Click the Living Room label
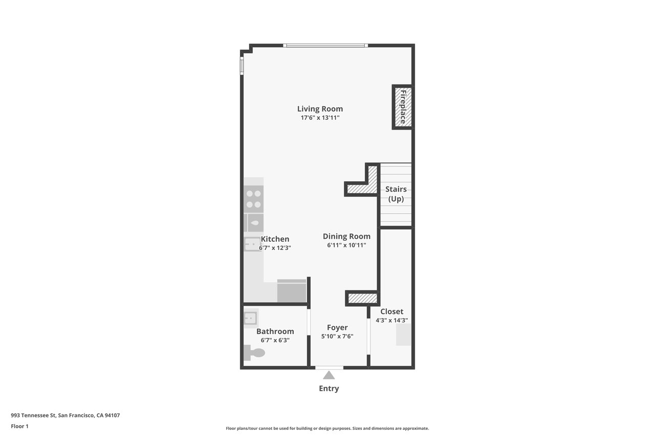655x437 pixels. pyautogui.click(x=320, y=109)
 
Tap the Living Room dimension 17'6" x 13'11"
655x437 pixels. pyautogui.click(x=320, y=118)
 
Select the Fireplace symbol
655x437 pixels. pyautogui.click(x=403, y=107)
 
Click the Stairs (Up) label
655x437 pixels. pyautogui.click(x=396, y=194)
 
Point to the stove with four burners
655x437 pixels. pyautogui.click(x=254, y=199)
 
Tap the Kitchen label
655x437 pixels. pyautogui.click(x=275, y=239)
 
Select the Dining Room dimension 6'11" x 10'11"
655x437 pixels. pyautogui.click(x=346, y=245)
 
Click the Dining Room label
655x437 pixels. pyautogui.click(x=346, y=236)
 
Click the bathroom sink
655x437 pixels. pyautogui.click(x=251, y=318)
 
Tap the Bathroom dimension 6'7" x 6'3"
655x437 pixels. pyautogui.click(x=275, y=340)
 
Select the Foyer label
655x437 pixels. pyautogui.click(x=337, y=327)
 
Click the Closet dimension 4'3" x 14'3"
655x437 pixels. pyautogui.click(x=391, y=320)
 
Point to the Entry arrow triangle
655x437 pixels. pyautogui.click(x=329, y=376)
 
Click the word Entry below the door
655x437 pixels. pyautogui.click(x=329, y=388)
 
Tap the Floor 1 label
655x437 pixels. pyautogui.click(x=19, y=426)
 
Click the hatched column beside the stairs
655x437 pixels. pyautogui.click(x=362, y=189)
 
